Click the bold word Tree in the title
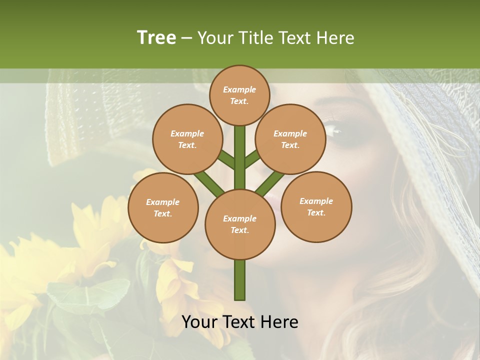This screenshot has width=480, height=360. [156, 37]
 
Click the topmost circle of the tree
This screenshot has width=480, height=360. [239, 95]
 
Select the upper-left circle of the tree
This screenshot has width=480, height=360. [187, 139]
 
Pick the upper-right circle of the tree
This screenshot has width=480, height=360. [290, 139]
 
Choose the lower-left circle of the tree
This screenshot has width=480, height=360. [162, 207]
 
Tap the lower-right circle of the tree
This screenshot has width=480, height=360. [316, 206]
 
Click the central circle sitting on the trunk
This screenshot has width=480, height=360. [240, 224]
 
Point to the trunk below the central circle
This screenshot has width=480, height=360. [240, 280]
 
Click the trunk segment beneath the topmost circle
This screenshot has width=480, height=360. [240, 150]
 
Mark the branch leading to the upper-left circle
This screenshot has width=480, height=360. [226, 159]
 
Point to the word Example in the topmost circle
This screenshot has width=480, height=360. [239, 89]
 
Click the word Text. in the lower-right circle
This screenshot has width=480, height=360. [316, 212]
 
